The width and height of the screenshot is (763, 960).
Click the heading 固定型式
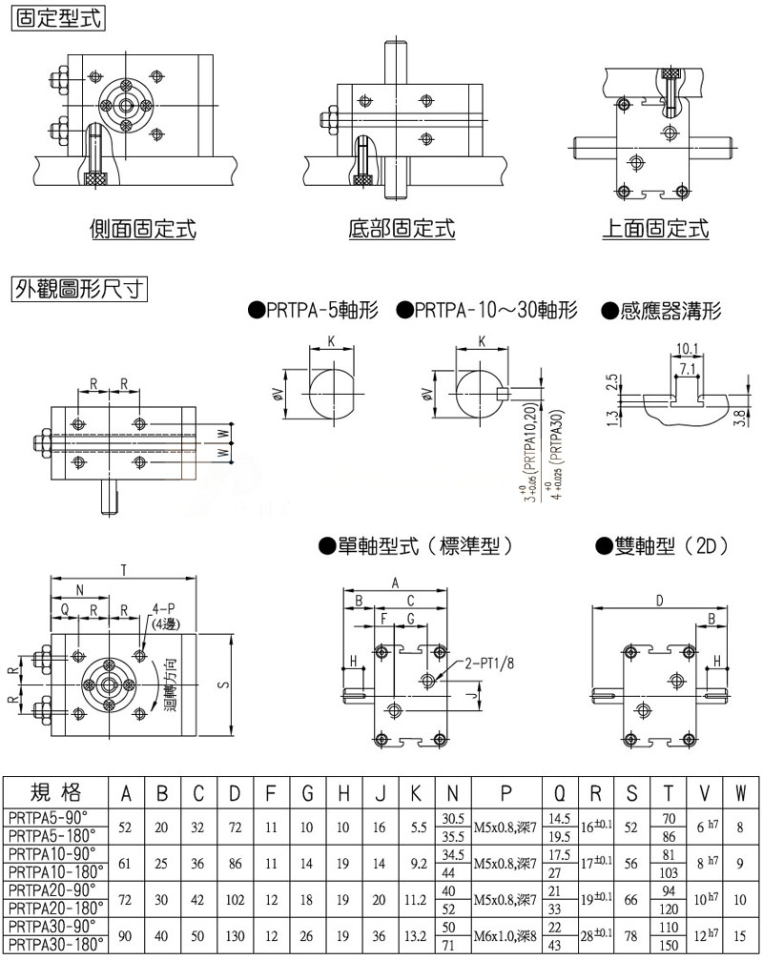pyautogui.click(x=56, y=17)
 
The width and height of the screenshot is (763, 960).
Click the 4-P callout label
pyautogui.click(x=164, y=608)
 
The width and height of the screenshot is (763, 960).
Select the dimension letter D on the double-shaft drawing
pyautogui.click(x=659, y=600)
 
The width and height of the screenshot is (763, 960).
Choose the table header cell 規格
pyautogui.click(x=56, y=791)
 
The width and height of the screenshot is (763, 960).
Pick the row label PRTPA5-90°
pyautogui.click(x=47, y=816)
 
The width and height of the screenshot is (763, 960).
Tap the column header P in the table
pyautogui.click(x=506, y=792)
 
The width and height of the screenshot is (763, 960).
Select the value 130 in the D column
pyautogui.click(x=234, y=936)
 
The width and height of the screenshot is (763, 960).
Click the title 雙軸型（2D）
pyautogui.click(x=662, y=546)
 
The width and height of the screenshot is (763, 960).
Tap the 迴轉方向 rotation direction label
pyautogui.click(x=170, y=683)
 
